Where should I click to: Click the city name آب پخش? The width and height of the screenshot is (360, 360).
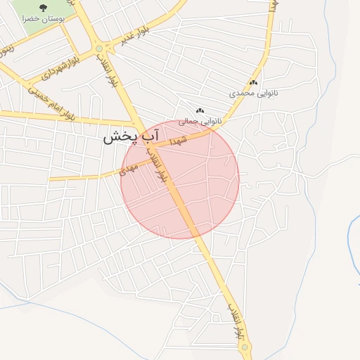(132, 136)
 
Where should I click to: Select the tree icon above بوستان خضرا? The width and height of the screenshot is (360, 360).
(44, 8)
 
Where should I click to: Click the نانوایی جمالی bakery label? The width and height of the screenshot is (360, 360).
(199, 121)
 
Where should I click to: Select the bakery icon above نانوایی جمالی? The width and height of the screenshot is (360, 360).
(200, 110)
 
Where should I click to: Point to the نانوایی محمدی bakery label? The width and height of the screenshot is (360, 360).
(250, 93)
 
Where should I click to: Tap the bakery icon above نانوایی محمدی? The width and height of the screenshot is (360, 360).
(253, 82)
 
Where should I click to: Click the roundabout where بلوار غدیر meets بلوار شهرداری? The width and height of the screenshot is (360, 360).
(99, 49)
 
